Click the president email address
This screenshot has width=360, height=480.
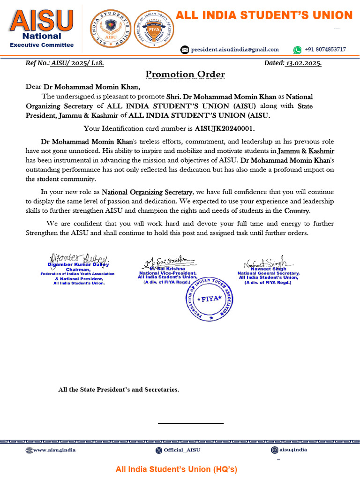[234, 50]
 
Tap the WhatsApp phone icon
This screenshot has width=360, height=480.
[297, 50]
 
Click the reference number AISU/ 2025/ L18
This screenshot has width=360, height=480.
[77, 63]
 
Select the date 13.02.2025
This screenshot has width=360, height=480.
[303, 63]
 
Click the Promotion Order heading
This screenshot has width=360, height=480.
[185, 75]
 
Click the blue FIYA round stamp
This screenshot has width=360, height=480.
[210, 299]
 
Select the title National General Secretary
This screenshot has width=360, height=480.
[268, 273]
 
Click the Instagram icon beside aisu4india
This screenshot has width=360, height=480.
[274, 450]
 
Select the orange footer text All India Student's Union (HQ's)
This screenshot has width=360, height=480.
[177, 469]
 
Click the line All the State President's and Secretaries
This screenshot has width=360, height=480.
[118, 390]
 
